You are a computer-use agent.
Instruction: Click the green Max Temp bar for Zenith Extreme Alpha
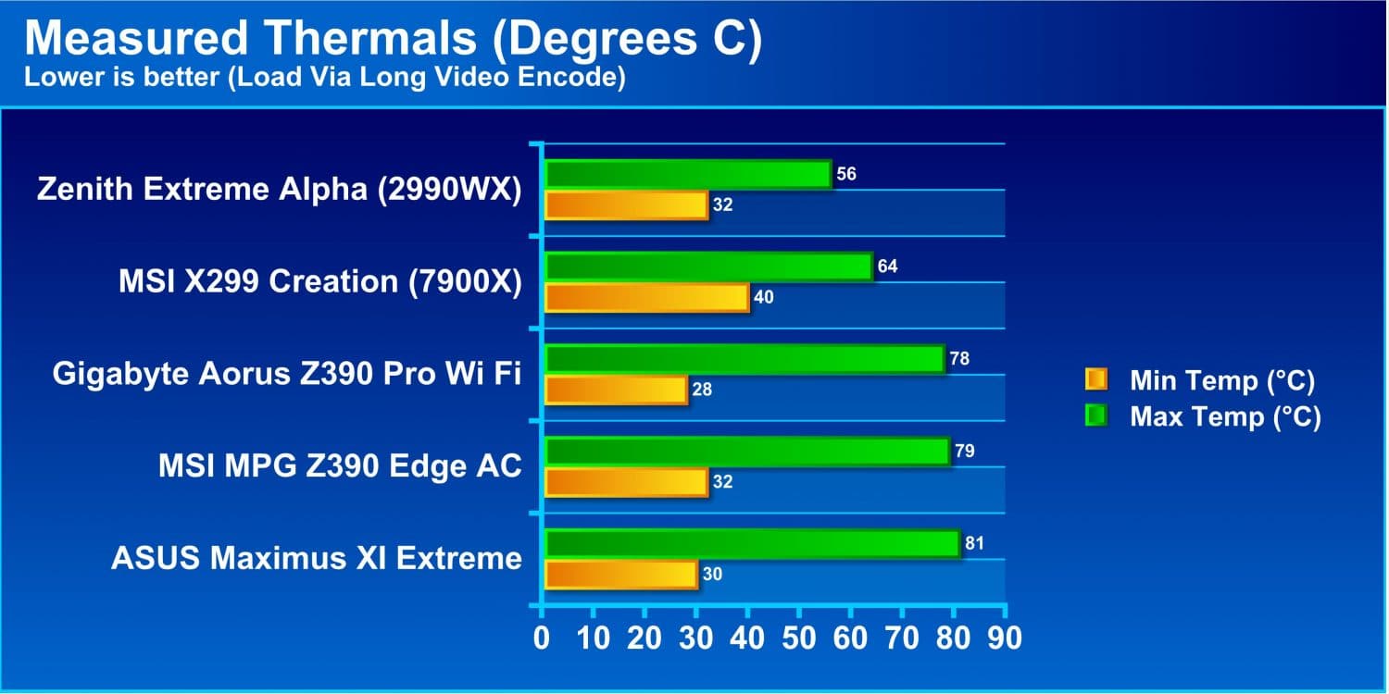click(x=688, y=174)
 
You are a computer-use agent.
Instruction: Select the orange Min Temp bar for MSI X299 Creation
click(x=647, y=298)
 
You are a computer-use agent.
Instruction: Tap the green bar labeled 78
click(x=745, y=359)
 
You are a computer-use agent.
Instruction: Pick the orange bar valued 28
click(x=617, y=390)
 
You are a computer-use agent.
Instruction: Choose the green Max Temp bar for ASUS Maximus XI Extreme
click(x=753, y=544)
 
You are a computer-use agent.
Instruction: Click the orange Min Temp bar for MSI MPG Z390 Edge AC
click(x=627, y=483)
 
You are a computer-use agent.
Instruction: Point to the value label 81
click(x=974, y=543)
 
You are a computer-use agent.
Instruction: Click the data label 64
click(x=887, y=266)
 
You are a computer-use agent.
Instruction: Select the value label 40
click(x=763, y=297)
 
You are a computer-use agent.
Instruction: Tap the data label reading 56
click(x=846, y=174)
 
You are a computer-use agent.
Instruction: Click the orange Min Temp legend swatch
click(x=1096, y=379)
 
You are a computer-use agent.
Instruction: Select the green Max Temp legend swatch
click(x=1096, y=415)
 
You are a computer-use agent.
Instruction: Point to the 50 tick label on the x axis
click(x=798, y=638)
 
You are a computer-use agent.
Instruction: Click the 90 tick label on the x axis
click(x=1005, y=638)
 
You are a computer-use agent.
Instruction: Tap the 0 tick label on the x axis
click(x=542, y=638)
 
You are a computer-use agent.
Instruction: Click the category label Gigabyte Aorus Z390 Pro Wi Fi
click(x=287, y=374)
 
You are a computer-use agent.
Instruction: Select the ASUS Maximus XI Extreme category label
click(x=317, y=558)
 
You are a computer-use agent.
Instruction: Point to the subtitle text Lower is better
click(x=122, y=78)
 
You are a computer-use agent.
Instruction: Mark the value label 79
click(x=965, y=452)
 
